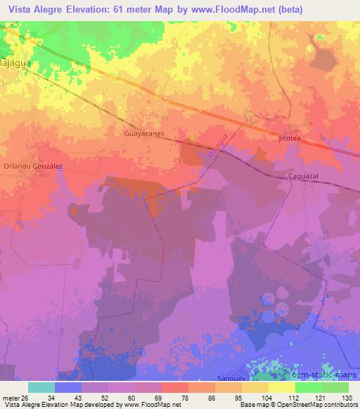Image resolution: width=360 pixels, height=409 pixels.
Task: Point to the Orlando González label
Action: [x=33, y=166]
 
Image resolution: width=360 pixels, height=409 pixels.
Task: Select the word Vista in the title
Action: [x=22, y=9]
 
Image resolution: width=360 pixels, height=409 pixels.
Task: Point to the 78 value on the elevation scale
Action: [x=184, y=398]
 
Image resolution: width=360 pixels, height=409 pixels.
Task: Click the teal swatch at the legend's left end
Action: [x=41, y=387]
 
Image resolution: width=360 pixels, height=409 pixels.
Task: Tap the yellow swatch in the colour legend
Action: [x=281, y=387]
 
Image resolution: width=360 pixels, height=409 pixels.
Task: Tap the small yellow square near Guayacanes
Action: [x=193, y=138]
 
